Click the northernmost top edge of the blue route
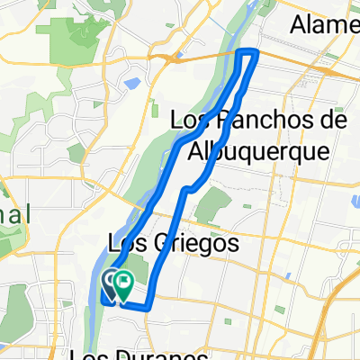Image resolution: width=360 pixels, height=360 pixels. [x=248, y=52]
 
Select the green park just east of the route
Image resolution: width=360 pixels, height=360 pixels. [x=208, y=209]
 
